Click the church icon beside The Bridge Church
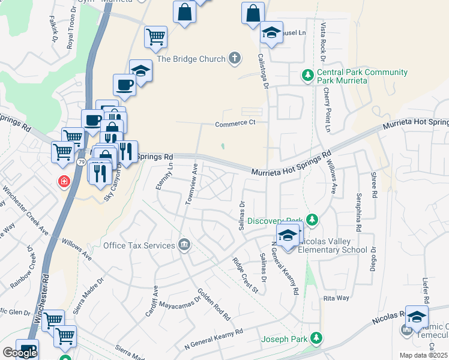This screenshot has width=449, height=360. (x=234, y=58)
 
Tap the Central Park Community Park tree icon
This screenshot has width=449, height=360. (x=307, y=76)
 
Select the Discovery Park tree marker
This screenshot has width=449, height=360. (x=311, y=220)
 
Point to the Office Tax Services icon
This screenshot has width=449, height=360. (x=185, y=245)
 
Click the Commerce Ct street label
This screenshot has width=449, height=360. (x=236, y=124)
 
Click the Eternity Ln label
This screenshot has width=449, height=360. (x=165, y=176)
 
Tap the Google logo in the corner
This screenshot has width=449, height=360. (x=20, y=352)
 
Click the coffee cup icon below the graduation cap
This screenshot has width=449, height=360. (x=125, y=85)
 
